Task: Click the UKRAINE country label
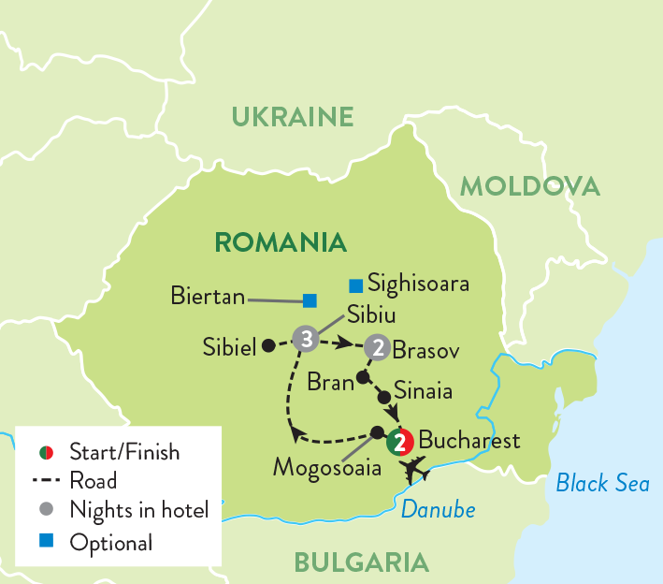point(293,117)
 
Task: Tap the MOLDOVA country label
point(529,186)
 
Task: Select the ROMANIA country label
point(281,242)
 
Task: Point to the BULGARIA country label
point(361,562)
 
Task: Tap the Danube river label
point(438,510)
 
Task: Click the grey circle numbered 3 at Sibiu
point(304,338)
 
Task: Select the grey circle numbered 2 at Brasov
point(377,346)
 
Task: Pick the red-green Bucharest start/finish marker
point(399,440)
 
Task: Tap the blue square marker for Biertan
point(310,300)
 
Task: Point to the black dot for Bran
point(362,379)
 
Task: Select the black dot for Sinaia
point(382,397)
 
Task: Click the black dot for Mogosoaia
point(377,432)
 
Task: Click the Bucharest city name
point(469,440)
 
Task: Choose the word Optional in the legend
point(110,542)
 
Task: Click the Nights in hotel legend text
point(138,511)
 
